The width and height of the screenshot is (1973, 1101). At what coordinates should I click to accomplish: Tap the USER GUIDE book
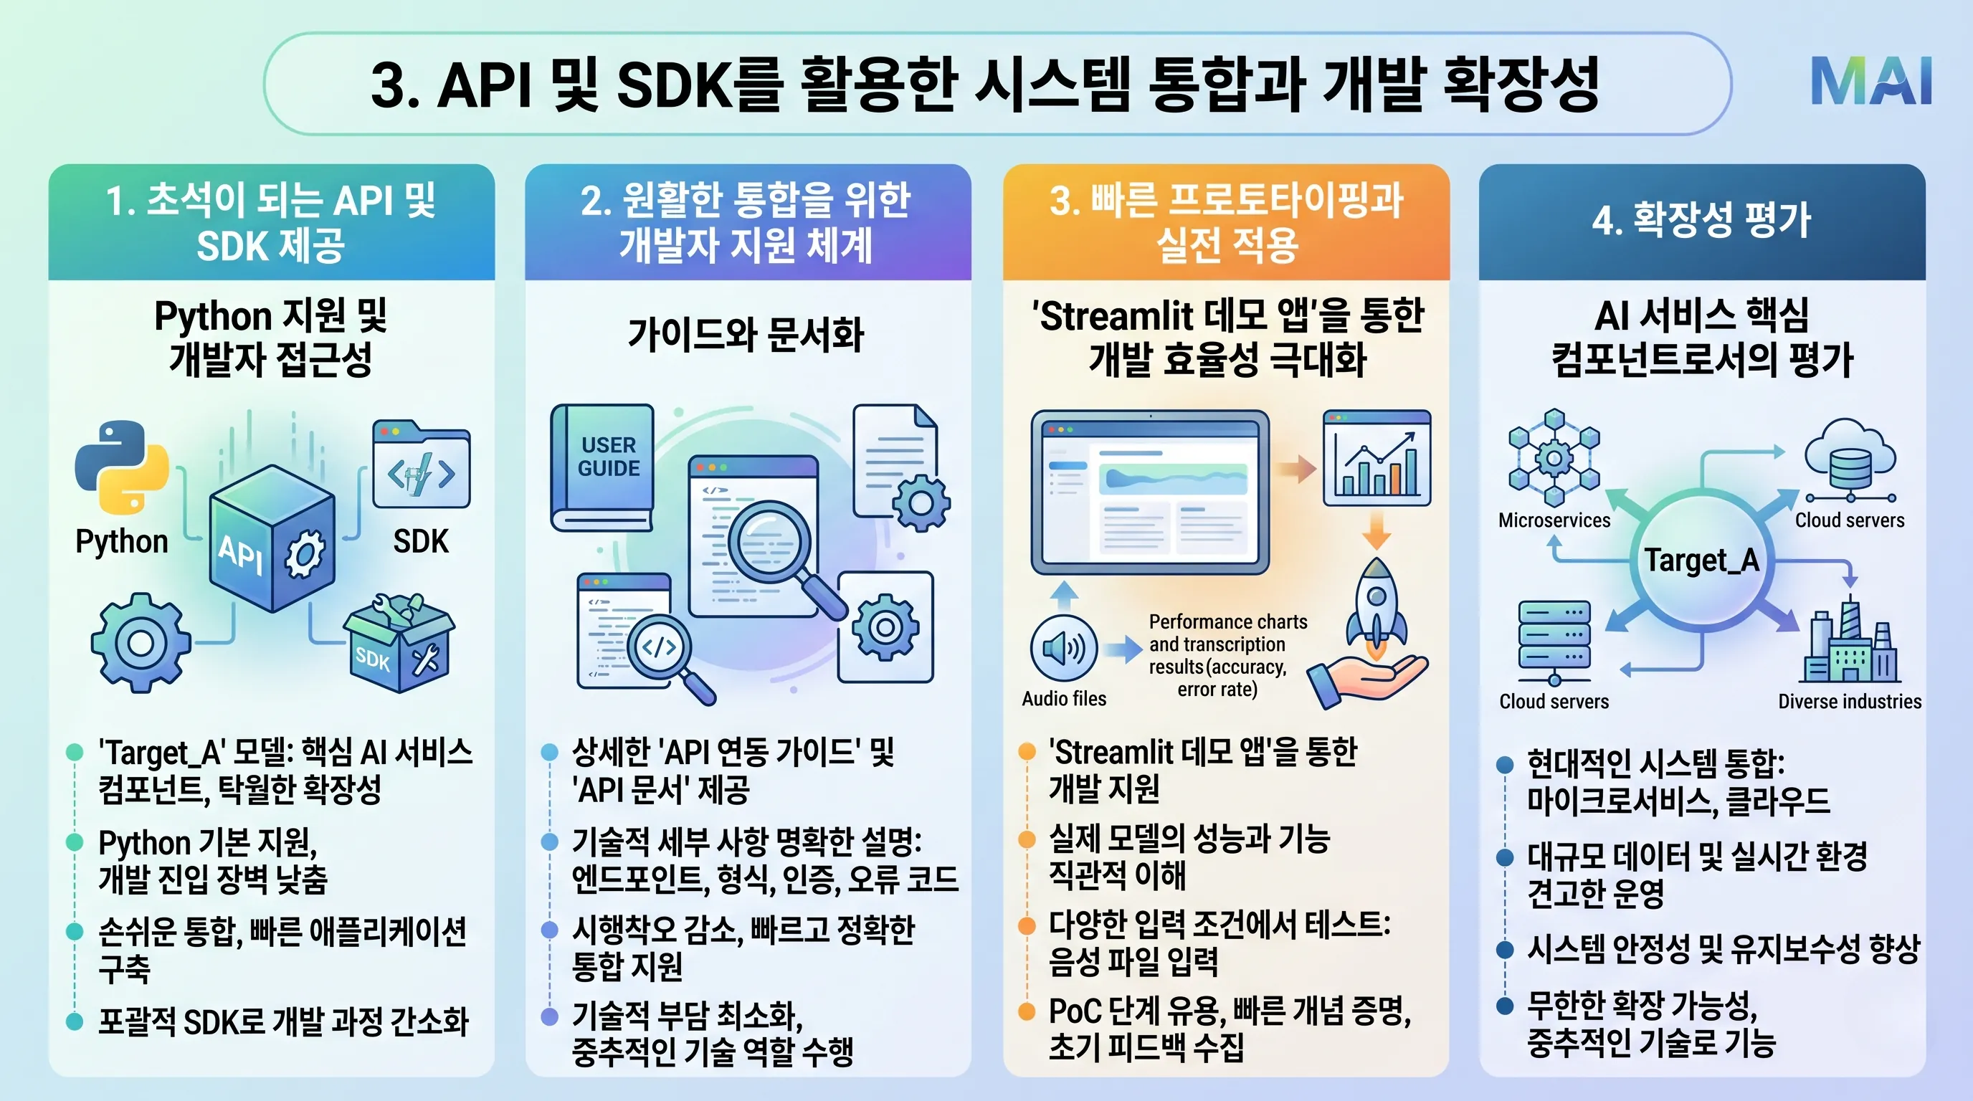point(603,468)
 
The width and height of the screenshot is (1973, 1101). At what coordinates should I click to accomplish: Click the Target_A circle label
point(1702,560)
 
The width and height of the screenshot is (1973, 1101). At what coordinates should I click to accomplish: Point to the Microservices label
point(1554,520)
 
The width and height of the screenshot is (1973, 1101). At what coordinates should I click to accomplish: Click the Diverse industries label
point(1850,701)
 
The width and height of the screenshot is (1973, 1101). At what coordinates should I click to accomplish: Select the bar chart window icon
point(1377,458)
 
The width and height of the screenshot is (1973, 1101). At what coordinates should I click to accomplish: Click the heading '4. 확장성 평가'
point(1701,221)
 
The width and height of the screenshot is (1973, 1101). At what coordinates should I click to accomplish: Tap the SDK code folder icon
point(422,464)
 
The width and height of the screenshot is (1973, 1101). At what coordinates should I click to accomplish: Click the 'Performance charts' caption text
point(1228,621)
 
